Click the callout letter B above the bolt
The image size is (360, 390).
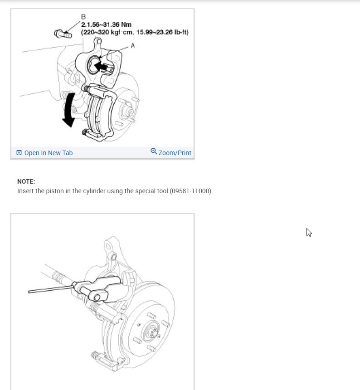tap(83, 17)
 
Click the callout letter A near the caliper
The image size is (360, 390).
tap(132, 46)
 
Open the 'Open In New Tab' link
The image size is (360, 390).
tap(48, 153)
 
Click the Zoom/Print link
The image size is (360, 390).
tap(175, 153)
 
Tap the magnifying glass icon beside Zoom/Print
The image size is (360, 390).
tap(154, 151)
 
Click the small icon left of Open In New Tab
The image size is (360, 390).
tap(19, 153)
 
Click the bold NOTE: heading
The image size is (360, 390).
tap(26, 181)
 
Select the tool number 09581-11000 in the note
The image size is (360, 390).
tap(190, 191)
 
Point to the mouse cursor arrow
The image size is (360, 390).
tap(309, 232)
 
